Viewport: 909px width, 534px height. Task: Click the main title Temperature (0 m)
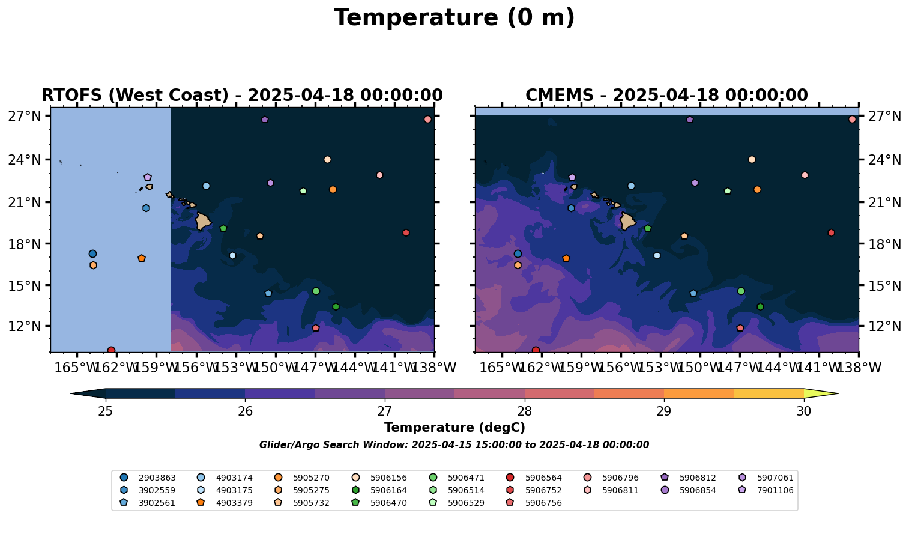coord(454,18)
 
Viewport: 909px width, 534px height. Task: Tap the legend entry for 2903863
coord(148,478)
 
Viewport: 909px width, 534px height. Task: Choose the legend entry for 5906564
coord(534,478)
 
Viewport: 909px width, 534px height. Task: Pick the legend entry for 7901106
coord(766,490)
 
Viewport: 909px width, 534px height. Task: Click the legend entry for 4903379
coord(225,503)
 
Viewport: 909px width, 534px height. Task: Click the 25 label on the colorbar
coord(106,411)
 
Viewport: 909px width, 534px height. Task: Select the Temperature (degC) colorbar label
coord(454,428)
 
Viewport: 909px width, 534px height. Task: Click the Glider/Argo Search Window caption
coord(454,445)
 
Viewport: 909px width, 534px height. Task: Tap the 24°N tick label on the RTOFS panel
coord(25,160)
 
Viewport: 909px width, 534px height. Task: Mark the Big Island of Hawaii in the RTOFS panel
coord(202,222)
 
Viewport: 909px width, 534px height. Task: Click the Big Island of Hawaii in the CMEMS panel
coord(627,222)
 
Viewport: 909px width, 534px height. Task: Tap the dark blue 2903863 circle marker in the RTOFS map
coord(92,254)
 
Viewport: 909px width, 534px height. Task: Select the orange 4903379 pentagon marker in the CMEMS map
coord(566,258)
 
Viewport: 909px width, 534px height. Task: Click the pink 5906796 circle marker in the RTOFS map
coord(427,120)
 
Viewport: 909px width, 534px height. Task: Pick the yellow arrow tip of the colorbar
coord(838,393)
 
